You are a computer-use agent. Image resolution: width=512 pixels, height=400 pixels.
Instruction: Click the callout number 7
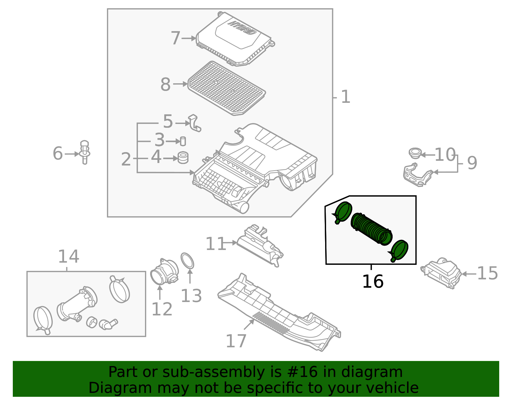pos(175,38)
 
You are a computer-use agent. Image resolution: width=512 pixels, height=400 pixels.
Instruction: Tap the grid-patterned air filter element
pos(227,88)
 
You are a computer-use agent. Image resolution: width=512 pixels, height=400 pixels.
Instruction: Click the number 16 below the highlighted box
pos(372,282)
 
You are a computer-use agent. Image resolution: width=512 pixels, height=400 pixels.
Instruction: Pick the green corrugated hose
pos(371,227)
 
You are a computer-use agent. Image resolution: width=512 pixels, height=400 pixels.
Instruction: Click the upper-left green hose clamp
pos(343,212)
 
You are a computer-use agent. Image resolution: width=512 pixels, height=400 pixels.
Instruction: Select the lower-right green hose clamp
pos(399,250)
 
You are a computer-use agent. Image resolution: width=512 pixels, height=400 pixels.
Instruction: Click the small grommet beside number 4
pos(183,158)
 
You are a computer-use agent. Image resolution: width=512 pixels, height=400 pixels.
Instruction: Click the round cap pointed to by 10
pos(415,153)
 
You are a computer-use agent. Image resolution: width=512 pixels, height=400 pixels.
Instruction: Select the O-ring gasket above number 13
pos(188,261)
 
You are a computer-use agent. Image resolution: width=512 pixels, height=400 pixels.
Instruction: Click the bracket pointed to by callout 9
pos(417,175)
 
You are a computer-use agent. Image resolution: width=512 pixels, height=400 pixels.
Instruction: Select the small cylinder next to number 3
pos(183,141)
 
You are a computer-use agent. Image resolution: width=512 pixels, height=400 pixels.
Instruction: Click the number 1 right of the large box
pos(346,97)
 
